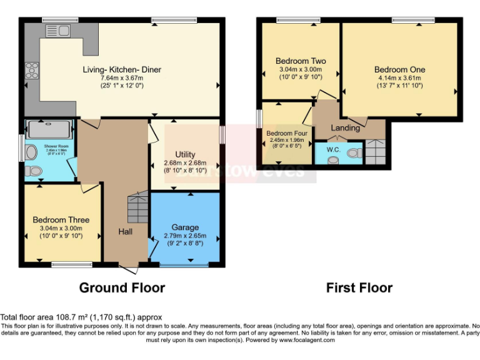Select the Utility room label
(x=185, y=154)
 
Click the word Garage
(x=185, y=227)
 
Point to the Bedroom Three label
(x=61, y=220)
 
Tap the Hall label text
(x=126, y=232)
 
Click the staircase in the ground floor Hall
(x=137, y=208)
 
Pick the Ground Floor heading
(x=122, y=287)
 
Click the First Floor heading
(x=359, y=287)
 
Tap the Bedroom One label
(x=399, y=69)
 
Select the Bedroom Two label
(x=301, y=61)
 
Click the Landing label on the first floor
(x=345, y=128)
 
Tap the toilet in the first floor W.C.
(x=354, y=153)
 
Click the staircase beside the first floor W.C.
(x=376, y=152)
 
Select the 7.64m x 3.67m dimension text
(x=122, y=77)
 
